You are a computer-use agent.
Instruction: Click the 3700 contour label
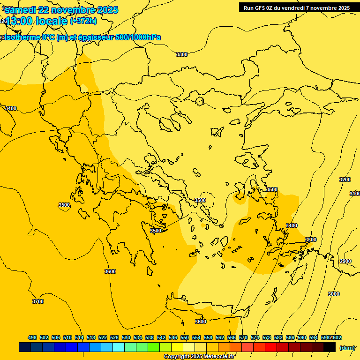pos(37,301)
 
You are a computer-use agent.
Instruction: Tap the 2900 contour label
pos(345,261)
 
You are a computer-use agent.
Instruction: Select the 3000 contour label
pos(333,294)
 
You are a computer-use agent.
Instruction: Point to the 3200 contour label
pos(345,180)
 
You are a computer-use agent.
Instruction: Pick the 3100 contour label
pos(355,194)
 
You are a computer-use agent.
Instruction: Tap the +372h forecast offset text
pos(83,21)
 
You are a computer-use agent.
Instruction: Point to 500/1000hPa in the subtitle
pos(138,37)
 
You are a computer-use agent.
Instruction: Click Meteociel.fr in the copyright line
pos(216,357)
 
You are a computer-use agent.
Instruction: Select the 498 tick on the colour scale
pos(32,337)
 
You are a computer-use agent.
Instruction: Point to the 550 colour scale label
pos(185,337)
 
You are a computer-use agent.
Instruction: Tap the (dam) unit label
pos(347,348)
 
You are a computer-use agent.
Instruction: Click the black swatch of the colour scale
pos(330,347)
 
